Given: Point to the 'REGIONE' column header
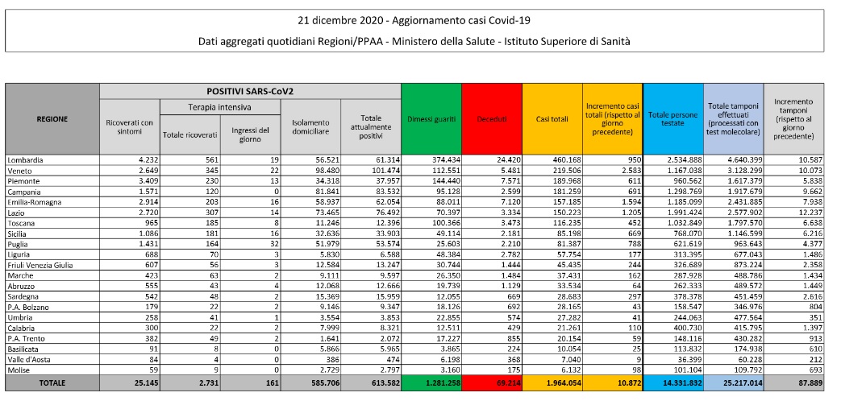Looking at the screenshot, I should click(52, 119).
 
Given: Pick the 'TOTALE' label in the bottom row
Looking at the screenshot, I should click(52, 382).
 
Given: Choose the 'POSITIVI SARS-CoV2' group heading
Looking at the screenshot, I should click(249, 91).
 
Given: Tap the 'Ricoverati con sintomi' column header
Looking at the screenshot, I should click(129, 126).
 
